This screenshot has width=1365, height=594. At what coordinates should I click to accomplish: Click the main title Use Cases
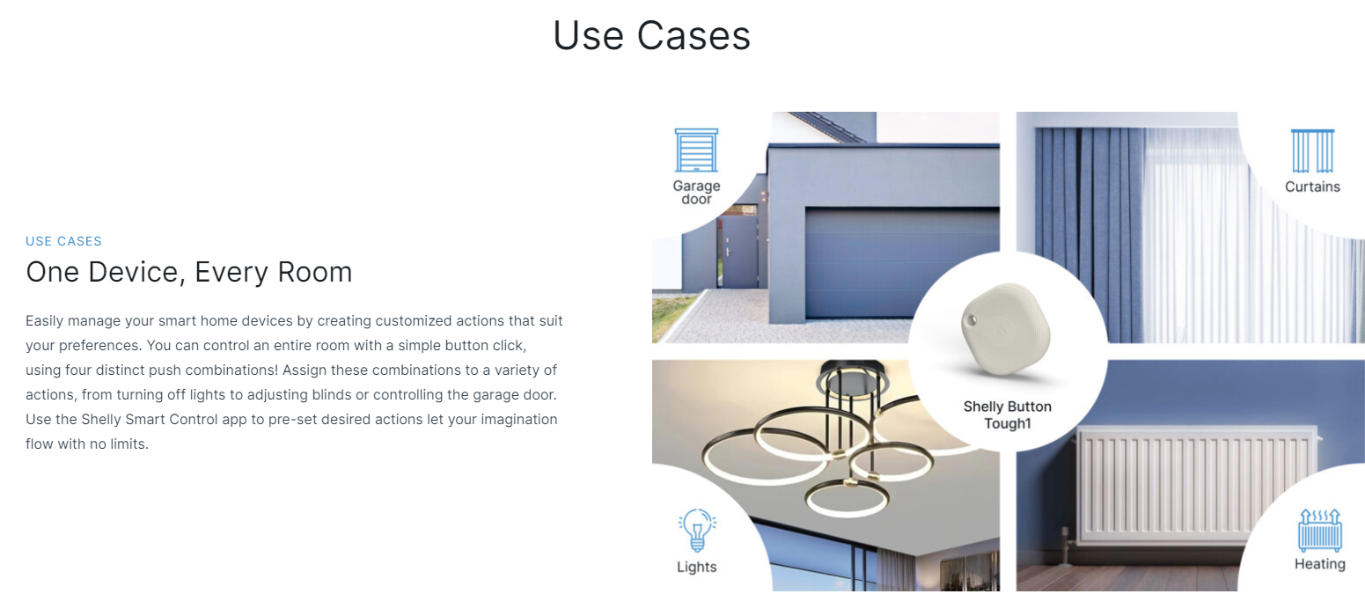coord(651,35)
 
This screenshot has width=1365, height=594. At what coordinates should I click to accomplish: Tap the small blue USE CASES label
coord(64,241)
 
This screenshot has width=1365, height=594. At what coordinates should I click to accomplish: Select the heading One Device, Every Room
coord(189,272)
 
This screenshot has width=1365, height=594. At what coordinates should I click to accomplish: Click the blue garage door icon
coord(696,150)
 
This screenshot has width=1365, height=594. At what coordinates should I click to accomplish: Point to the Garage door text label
coord(696,193)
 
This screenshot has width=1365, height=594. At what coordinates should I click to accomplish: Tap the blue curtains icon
coord(1312,151)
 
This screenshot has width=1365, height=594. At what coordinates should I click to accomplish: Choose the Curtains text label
coord(1312,187)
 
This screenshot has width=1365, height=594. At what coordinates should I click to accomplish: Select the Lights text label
coord(696,567)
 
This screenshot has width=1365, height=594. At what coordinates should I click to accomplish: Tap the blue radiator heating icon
coord(1320,530)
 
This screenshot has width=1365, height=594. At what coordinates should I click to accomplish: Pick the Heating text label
coord(1320,564)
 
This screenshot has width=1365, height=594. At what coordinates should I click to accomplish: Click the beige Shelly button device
coord(1005,329)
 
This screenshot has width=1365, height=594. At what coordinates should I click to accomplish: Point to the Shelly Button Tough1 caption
coord(1008,414)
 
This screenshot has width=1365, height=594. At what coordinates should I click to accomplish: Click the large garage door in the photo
coord(902,263)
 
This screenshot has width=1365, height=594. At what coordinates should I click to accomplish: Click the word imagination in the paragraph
coord(518,419)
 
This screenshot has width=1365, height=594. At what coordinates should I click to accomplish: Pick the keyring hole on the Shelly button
coord(972,319)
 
